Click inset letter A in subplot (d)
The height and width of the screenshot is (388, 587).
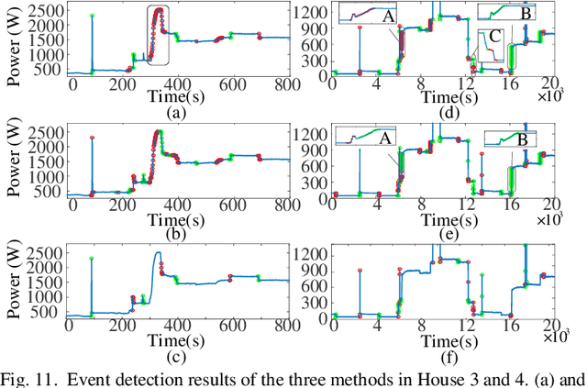coord(388,16)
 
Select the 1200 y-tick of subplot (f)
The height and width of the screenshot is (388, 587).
coord(310,251)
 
